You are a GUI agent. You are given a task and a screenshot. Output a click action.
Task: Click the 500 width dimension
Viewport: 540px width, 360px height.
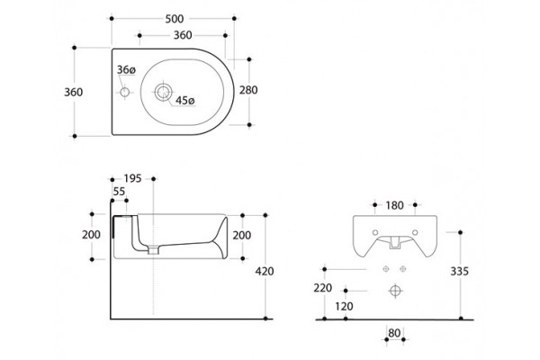(x=175, y=19)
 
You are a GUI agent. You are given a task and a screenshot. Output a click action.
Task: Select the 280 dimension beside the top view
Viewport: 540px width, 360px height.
(x=248, y=90)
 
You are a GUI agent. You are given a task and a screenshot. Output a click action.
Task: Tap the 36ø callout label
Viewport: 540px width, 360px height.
(x=126, y=70)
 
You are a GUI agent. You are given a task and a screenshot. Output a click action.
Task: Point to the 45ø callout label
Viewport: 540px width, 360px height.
(x=185, y=101)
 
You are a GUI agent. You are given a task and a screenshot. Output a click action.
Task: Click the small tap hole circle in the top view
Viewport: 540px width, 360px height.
(x=124, y=92)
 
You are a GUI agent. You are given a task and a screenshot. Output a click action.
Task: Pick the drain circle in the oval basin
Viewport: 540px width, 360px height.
(x=163, y=92)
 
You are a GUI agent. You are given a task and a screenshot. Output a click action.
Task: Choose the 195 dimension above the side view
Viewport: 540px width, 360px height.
(x=132, y=178)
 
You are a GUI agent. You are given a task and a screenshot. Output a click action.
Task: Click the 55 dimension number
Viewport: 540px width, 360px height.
(x=119, y=192)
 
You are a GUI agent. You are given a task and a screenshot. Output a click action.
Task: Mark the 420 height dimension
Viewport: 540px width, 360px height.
(x=265, y=272)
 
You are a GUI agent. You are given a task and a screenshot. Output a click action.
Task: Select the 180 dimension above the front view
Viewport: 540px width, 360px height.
(x=395, y=206)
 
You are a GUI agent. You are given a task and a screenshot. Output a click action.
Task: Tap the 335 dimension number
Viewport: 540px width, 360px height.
(x=460, y=272)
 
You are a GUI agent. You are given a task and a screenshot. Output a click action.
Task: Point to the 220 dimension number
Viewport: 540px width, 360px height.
(x=323, y=288)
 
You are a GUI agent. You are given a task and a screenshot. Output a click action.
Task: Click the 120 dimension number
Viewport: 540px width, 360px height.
(x=344, y=306)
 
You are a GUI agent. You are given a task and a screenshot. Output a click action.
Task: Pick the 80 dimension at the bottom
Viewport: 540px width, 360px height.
(x=394, y=333)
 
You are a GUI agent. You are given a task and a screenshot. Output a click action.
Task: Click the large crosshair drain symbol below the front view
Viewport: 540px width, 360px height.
(x=395, y=291)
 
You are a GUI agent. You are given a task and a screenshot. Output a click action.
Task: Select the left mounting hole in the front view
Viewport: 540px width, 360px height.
(x=375, y=232)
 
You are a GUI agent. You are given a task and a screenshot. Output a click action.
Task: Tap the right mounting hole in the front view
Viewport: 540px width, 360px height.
(x=415, y=232)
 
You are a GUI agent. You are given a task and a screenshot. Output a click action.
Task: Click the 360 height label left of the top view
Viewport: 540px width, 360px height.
(x=74, y=92)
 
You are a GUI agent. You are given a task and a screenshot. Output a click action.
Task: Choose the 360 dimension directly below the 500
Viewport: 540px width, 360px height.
(x=183, y=35)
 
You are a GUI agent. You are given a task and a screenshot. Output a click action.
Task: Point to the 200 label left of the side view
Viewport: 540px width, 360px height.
(x=91, y=235)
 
